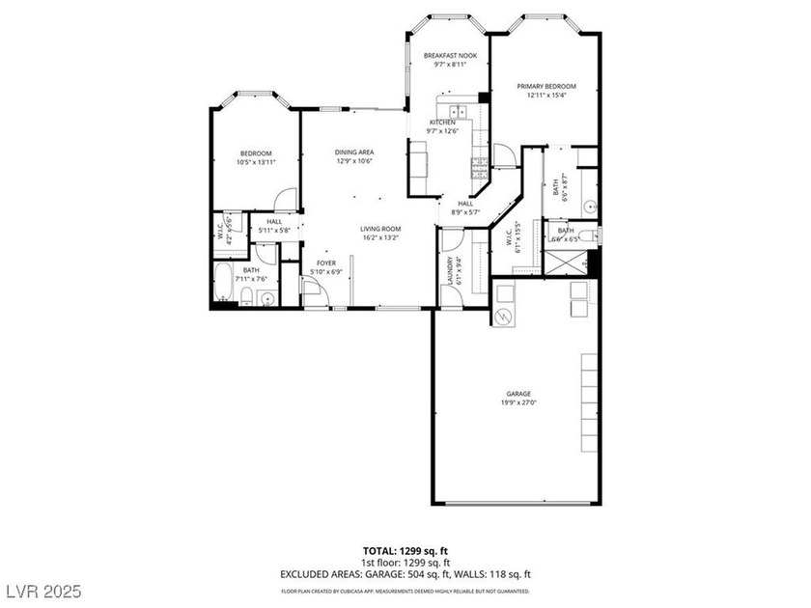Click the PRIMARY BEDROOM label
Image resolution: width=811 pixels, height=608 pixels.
(x=545, y=86)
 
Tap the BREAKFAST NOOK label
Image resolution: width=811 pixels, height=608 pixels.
(x=450, y=56)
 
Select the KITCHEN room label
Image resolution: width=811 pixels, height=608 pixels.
(x=443, y=123)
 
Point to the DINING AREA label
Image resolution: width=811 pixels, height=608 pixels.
(x=354, y=152)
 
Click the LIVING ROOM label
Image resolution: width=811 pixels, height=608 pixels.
(x=381, y=229)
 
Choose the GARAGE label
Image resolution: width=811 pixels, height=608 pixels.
(x=519, y=394)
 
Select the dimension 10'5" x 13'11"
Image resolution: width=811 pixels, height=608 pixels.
(x=256, y=162)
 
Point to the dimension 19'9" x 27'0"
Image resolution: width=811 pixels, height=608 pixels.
(x=519, y=403)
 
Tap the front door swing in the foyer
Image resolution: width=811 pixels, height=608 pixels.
(x=314, y=290)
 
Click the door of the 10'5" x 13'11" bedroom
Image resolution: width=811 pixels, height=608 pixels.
(x=283, y=198)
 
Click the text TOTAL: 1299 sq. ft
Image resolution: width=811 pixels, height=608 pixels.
(x=405, y=550)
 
